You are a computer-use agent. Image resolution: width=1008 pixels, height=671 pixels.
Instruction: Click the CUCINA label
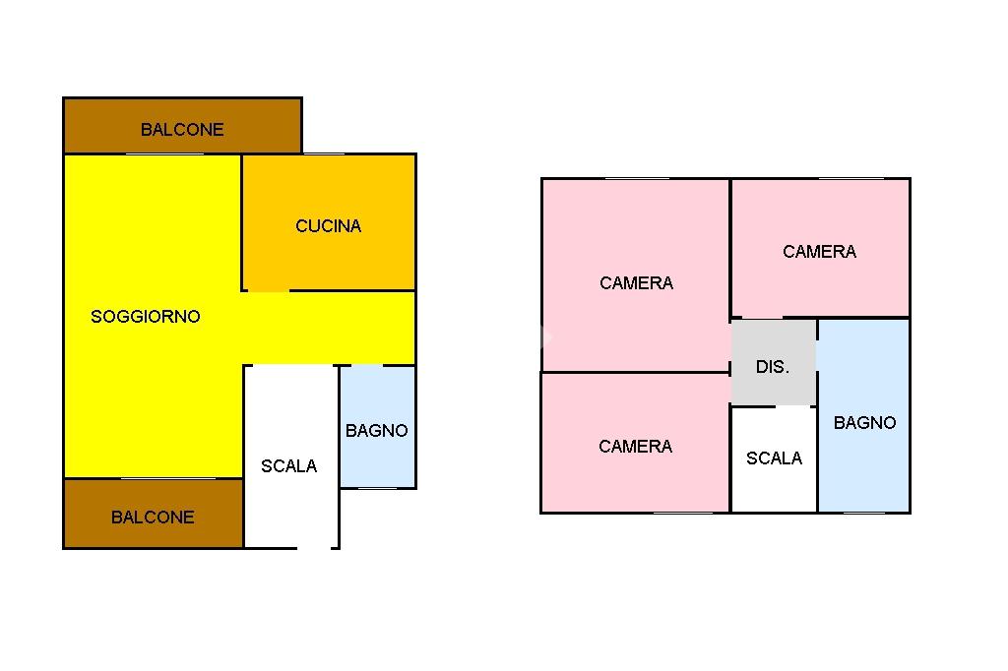(x=328, y=226)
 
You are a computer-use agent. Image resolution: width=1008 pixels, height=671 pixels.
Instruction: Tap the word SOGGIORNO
(x=145, y=317)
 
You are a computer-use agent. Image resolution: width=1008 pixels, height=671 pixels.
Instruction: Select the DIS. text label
(x=772, y=367)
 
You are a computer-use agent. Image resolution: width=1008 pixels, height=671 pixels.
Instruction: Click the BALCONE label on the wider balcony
(x=182, y=130)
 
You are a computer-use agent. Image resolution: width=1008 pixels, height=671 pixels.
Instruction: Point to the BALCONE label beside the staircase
(x=153, y=518)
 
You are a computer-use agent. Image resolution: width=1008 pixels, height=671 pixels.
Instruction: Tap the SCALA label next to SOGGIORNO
(x=288, y=466)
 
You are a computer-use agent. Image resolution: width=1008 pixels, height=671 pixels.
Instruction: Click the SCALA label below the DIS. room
(x=774, y=458)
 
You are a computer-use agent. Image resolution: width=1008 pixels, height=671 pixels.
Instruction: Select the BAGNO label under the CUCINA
(x=376, y=431)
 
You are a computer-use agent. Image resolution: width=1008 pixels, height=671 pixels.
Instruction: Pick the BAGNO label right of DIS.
(x=864, y=423)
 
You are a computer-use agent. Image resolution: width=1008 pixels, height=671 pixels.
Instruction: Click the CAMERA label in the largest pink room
(x=636, y=283)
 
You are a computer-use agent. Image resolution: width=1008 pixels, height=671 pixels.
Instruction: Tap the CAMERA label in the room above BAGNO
(x=819, y=252)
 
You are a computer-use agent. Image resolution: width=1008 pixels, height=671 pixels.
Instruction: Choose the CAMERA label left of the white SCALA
(x=635, y=447)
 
